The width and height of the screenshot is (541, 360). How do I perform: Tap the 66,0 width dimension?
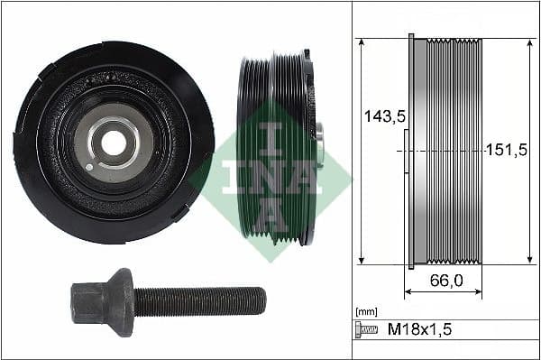tap(446, 281)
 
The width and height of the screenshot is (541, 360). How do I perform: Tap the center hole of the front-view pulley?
tap(114, 143)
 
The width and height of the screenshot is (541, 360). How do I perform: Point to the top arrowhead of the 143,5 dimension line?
tap(361, 42)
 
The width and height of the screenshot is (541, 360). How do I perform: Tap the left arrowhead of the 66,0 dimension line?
tap(408, 292)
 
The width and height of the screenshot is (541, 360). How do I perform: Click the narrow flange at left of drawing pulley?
tap(412, 151)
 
